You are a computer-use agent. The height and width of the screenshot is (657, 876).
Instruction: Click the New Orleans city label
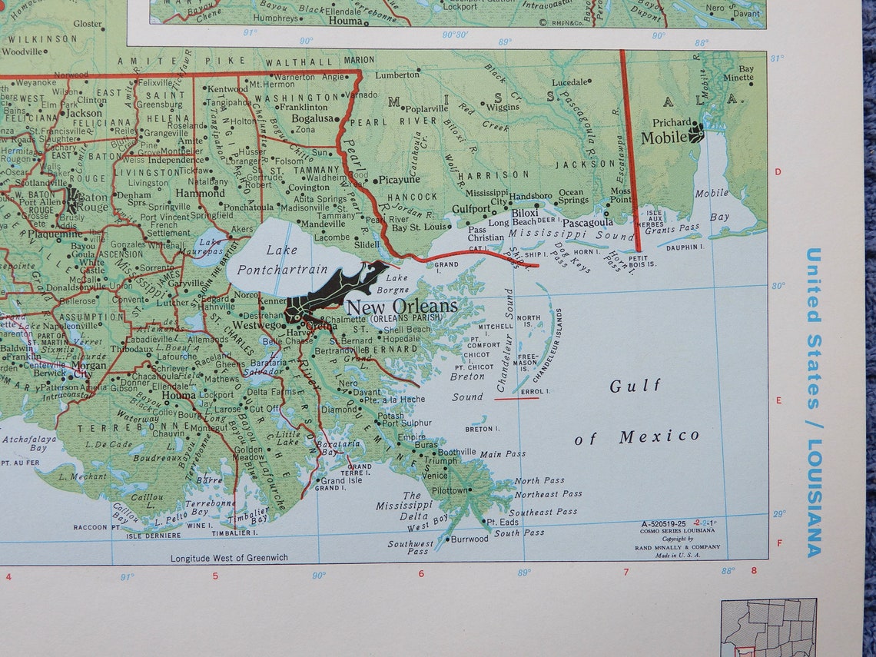402,307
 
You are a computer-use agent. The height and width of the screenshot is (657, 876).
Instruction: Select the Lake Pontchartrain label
282,260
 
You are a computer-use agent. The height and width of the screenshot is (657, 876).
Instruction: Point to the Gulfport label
471,209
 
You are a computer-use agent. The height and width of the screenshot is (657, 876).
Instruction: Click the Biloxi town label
525,212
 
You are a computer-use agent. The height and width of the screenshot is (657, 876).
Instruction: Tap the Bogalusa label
310,119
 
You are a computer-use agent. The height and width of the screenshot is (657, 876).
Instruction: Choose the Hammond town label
200,194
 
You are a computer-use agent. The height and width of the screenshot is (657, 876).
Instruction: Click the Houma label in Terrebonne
178,396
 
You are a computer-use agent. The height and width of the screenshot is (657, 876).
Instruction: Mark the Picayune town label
399,180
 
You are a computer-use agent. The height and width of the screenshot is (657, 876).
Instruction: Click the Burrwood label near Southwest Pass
469,539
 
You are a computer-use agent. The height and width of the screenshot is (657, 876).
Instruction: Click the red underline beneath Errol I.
516,399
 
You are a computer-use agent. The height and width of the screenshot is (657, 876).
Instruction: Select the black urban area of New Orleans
330,296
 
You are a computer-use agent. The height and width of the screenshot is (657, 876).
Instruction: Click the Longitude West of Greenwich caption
229,558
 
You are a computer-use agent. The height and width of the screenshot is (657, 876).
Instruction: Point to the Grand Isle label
342,481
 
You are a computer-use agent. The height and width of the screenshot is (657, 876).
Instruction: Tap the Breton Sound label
468,387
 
